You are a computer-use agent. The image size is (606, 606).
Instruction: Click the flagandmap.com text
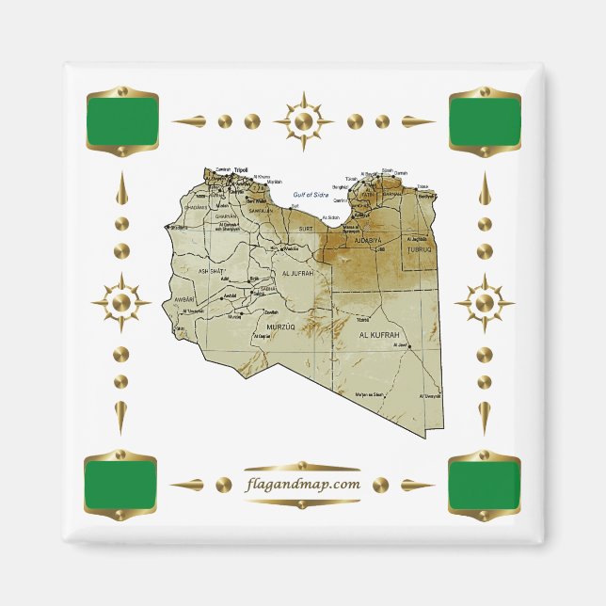pyautogui.click(x=302, y=485)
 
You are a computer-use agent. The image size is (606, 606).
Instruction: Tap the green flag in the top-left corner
pyautogui.click(x=127, y=121)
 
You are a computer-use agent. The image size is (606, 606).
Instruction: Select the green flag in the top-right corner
pyautogui.click(x=484, y=121)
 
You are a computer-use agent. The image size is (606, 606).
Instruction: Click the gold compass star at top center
pyautogui.click(x=303, y=121)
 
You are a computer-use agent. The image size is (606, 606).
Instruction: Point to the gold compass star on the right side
pyautogui.click(x=484, y=303)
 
